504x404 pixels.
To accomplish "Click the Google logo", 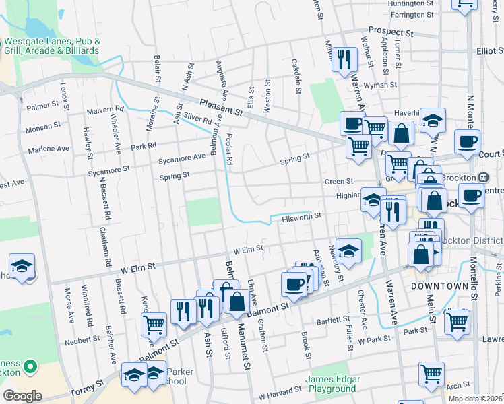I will coord(22,396).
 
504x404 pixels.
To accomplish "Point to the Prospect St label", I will coord(390,32).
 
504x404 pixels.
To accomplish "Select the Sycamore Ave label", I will coord(181,158).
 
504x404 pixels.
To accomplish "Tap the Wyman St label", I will coord(381,86).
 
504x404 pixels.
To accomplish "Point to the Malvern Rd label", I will coord(106,108).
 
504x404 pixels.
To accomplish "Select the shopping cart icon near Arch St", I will coord(431,372).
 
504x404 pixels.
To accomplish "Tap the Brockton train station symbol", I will coord(483,177).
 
